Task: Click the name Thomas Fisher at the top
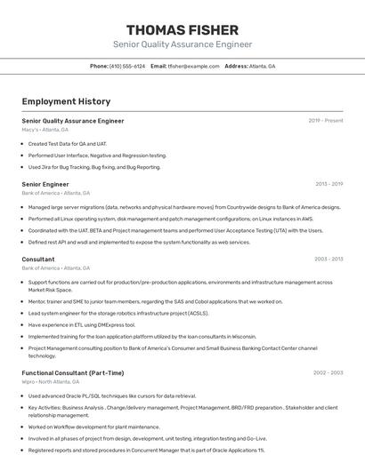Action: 182,30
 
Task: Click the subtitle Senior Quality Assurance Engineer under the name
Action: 182,44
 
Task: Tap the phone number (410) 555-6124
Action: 126,66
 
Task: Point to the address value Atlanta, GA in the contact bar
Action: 262,66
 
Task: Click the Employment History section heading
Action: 66,101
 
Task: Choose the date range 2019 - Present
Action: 326,120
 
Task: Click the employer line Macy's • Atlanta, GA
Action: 45,130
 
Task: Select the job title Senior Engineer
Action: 45,184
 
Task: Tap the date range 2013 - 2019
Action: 328,184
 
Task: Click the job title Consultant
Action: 38,259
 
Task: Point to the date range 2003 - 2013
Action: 328,259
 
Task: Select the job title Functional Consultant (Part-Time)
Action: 73,372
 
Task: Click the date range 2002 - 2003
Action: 328,372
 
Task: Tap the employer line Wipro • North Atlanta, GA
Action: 51,382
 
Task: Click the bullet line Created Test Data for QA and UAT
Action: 68,143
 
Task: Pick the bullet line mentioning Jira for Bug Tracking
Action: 94,166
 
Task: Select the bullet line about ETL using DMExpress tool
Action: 82,324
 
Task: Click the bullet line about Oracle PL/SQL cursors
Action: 111,395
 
